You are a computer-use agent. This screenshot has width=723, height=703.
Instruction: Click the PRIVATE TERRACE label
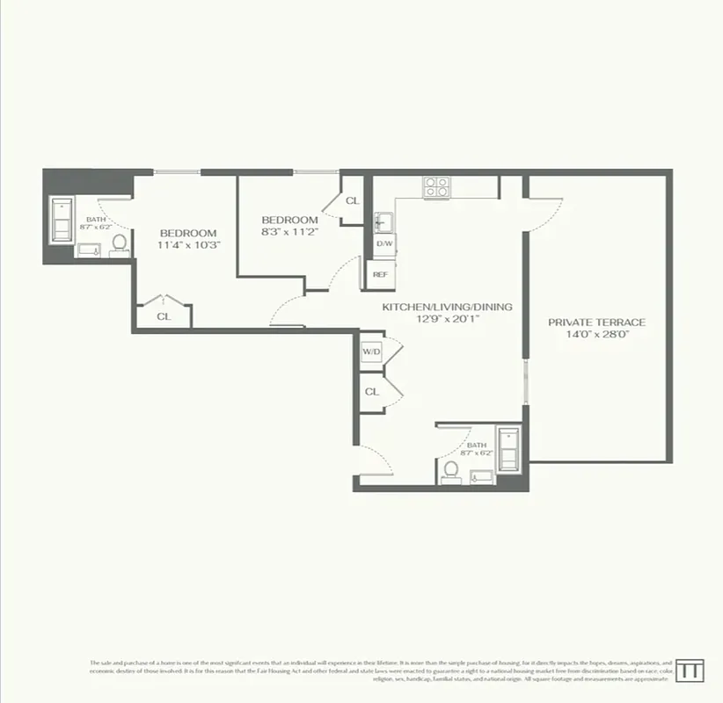(596, 322)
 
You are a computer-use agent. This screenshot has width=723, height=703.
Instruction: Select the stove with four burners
(437, 187)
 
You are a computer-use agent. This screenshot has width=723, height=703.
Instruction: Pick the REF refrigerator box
(380, 274)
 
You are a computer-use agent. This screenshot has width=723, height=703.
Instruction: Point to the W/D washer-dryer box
(371, 351)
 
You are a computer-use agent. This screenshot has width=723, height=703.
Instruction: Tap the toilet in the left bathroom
(119, 243)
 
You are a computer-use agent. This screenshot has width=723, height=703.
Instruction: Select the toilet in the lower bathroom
(451, 471)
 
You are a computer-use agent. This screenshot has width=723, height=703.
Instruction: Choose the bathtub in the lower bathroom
(508, 448)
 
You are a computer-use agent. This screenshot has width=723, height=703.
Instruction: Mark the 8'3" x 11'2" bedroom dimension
(289, 232)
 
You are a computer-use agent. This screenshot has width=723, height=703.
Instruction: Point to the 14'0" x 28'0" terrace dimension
(596, 334)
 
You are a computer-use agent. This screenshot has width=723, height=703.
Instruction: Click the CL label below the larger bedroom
(164, 316)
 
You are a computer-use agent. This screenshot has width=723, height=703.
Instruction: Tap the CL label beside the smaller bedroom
(352, 201)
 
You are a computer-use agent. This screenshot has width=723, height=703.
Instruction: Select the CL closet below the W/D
(371, 392)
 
